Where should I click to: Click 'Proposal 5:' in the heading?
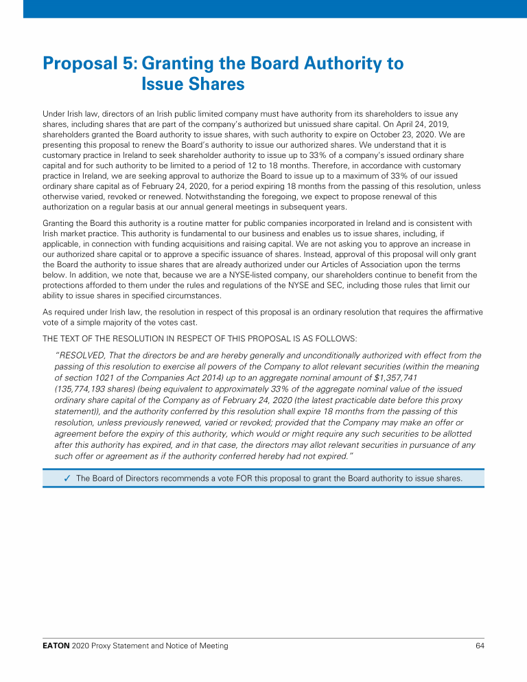[x=89, y=64]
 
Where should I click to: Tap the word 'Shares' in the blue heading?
[x=193, y=84]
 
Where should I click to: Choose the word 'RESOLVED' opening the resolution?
[x=84, y=356]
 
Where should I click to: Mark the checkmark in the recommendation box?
[x=67, y=478]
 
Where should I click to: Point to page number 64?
[x=480, y=646]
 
